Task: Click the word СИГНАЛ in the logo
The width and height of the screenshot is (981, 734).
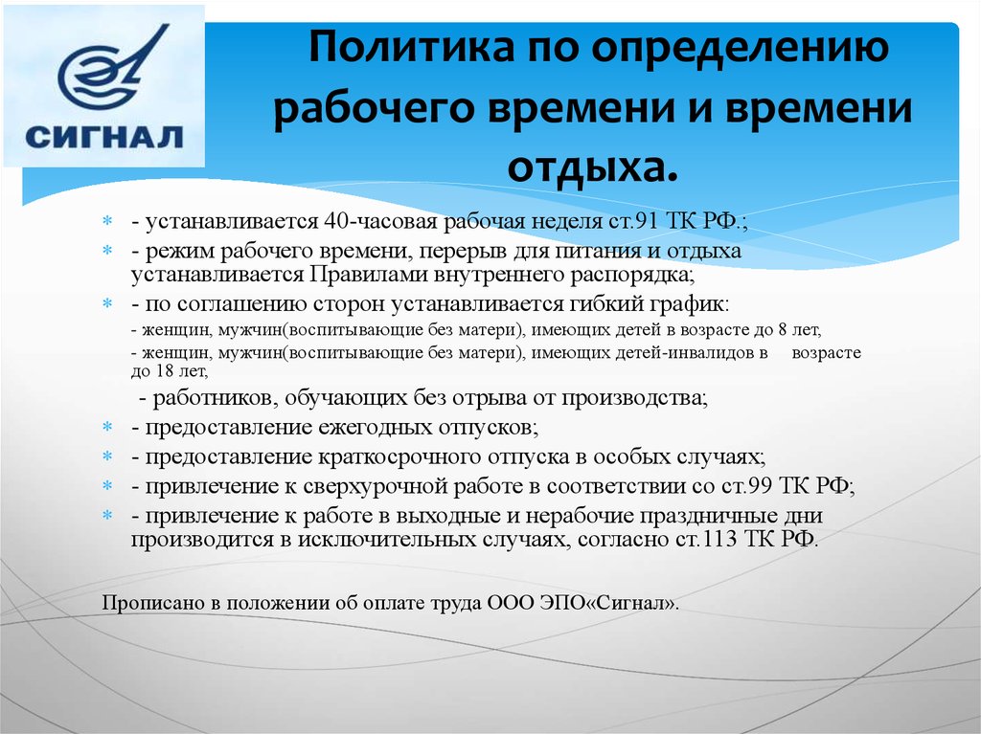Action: [x=103, y=137]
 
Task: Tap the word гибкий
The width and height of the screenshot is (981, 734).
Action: [x=600, y=304]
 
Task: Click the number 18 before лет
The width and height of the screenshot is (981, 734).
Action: [x=164, y=370]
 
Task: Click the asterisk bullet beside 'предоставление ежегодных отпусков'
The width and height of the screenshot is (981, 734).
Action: [x=107, y=427]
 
